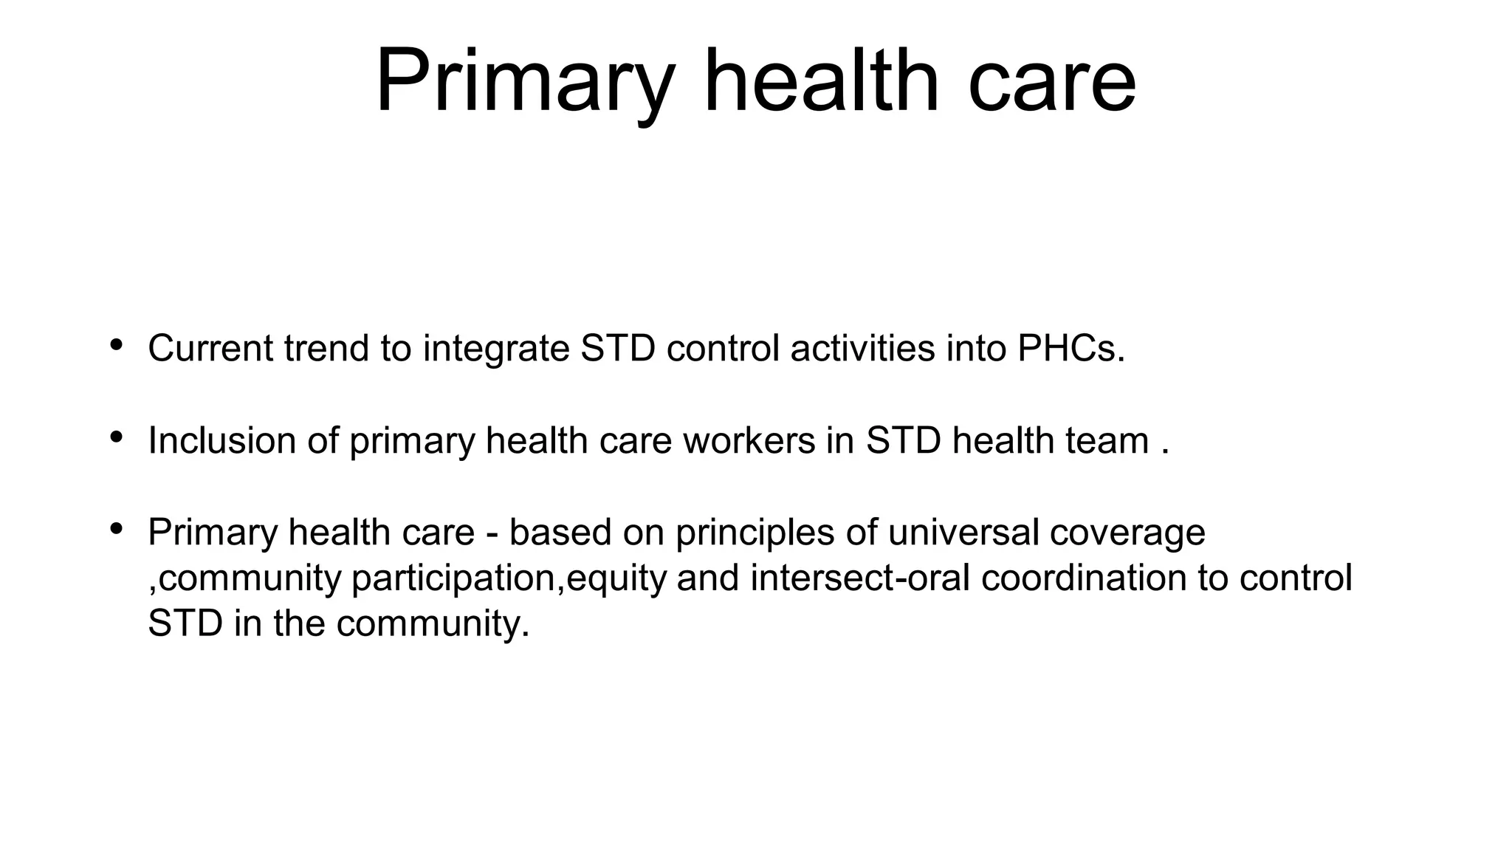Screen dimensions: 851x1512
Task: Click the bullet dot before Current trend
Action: coord(116,345)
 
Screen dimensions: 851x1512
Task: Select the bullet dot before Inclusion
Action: coord(116,437)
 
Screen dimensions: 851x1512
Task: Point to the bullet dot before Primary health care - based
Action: coord(116,529)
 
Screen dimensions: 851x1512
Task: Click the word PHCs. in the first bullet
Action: coord(1071,348)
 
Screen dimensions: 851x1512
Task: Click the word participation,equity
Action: coord(509,578)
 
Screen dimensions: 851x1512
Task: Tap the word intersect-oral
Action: coord(860,577)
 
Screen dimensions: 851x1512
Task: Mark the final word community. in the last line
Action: coord(433,623)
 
